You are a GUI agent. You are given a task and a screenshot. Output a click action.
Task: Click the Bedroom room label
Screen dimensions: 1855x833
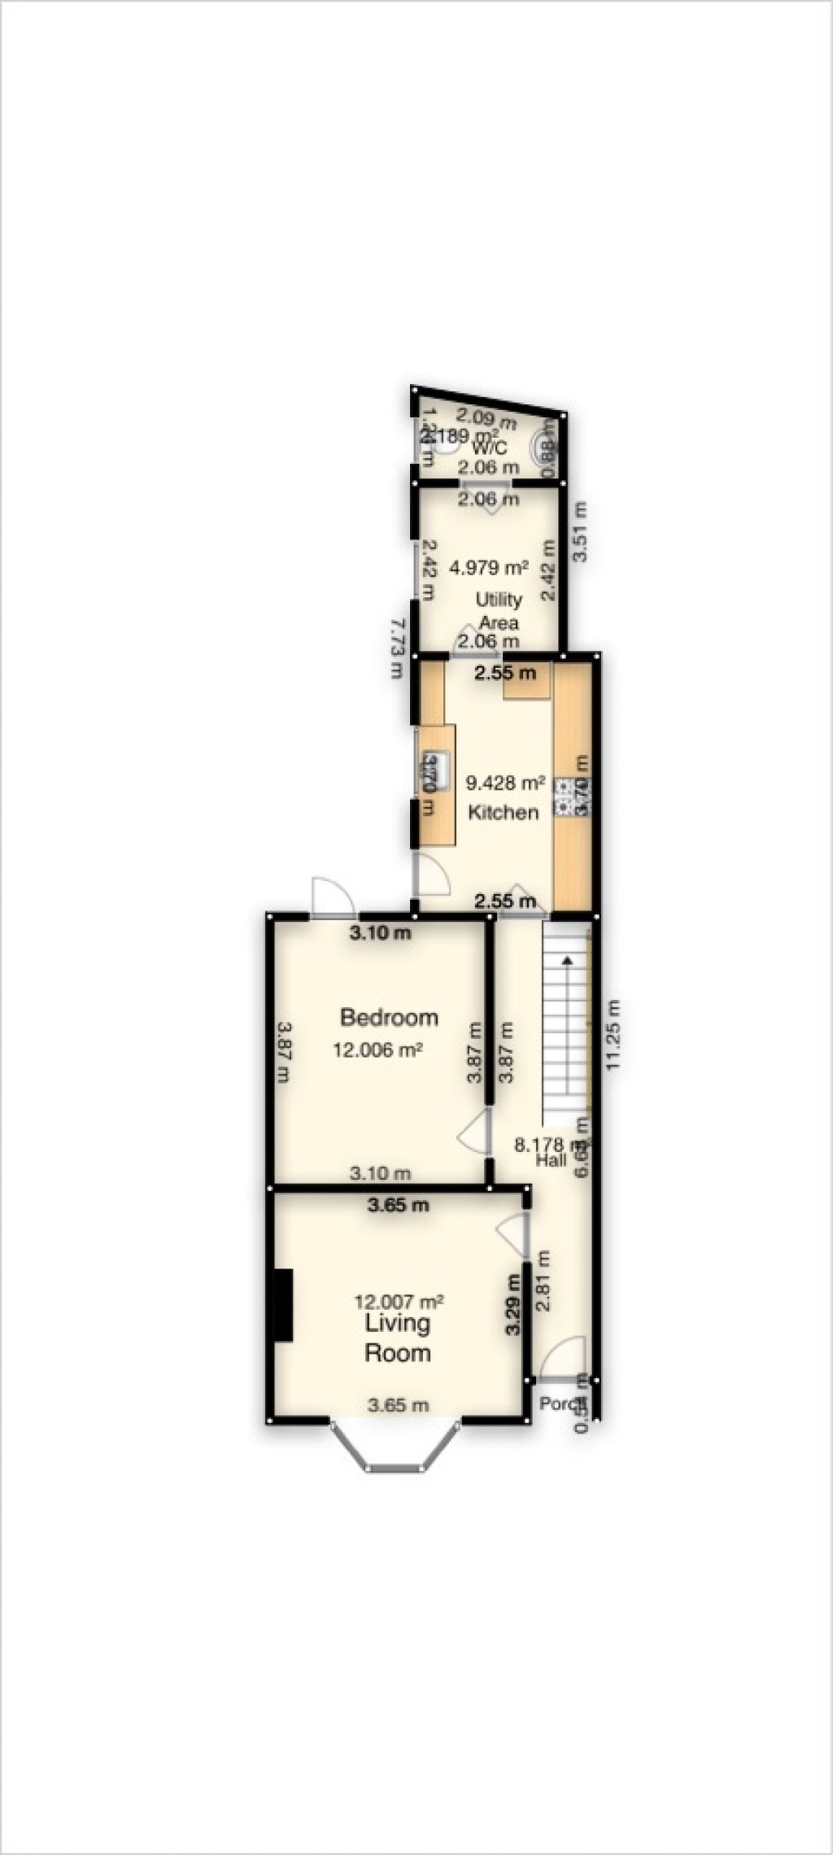click(x=389, y=1017)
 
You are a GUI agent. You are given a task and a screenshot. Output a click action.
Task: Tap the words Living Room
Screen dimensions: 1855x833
click(x=397, y=1338)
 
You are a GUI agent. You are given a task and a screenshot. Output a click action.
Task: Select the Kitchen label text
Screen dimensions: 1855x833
click(x=503, y=812)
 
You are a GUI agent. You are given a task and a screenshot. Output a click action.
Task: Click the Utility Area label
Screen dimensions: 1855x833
click(x=498, y=611)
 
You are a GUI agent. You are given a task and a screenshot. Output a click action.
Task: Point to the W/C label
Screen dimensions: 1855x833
click(x=489, y=447)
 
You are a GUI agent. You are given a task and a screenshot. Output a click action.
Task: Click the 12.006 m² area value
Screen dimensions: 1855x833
click(x=377, y=1050)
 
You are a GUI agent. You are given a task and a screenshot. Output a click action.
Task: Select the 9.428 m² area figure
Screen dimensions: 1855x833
click(x=504, y=783)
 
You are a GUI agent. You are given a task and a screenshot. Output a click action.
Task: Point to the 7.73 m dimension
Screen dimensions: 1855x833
click(x=396, y=648)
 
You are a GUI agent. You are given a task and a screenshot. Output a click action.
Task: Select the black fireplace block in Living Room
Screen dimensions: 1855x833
click(x=282, y=1304)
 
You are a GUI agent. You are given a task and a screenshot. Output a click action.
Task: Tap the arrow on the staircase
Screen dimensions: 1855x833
click(x=565, y=959)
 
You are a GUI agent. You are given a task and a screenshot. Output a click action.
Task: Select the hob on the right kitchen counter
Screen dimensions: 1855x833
click(x=563, y=797)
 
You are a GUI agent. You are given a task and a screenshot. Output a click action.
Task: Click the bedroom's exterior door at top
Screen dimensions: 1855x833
click(x=332, y=897)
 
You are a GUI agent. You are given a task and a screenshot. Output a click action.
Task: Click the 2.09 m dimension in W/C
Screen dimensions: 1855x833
click(x=485, y=420)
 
